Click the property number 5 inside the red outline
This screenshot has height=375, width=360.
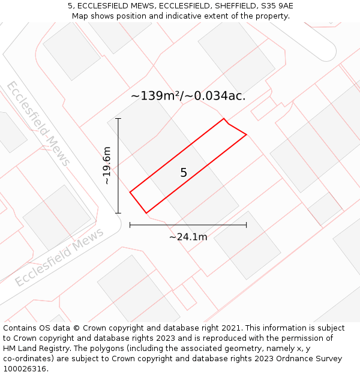click(184, 173)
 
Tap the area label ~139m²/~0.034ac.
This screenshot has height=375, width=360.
click(188, 95)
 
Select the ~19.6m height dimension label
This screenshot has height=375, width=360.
click(107, 166)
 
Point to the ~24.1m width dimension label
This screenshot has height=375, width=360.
click(188, 237)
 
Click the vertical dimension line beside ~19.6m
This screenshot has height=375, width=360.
click(118, 166)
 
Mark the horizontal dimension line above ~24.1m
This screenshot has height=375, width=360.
click(188, 225)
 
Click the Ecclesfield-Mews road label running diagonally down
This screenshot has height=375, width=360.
click(38, 123)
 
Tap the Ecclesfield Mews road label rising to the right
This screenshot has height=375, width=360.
click(59, 257)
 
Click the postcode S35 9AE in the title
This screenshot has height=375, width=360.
click(275, 6)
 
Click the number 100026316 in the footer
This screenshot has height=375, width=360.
click(25, 369)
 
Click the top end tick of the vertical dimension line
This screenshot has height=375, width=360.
click(118, 119)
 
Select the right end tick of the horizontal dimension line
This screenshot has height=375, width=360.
click(246, 225)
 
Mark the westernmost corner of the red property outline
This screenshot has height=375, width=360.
click(130, 192)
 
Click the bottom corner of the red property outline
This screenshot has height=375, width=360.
click(146, 213)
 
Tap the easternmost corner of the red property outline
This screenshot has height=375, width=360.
click(247, 134)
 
